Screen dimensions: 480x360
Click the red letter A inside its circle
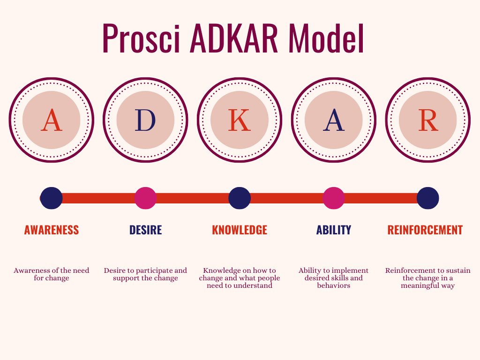[52, 120]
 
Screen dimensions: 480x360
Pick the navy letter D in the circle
[145, 120]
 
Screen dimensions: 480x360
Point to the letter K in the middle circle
[239, 120]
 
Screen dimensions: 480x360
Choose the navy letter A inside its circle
[334, 120]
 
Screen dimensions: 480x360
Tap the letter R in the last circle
[427, 120]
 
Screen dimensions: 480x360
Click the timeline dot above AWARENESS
[52, 198]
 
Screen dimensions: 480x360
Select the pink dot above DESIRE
[145, 198]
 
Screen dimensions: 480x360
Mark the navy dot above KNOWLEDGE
[240, 198]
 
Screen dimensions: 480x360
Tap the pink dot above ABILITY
[334, 198]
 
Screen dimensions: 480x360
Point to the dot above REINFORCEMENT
[427, 198]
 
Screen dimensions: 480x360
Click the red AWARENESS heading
[52, 230]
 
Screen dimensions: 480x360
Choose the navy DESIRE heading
[145, 230]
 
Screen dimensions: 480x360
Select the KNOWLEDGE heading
[240, 230]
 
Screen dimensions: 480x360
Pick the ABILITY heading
[334, 230]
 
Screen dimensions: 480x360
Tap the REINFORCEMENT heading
[425, 230]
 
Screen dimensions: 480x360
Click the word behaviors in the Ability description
[334, 285]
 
